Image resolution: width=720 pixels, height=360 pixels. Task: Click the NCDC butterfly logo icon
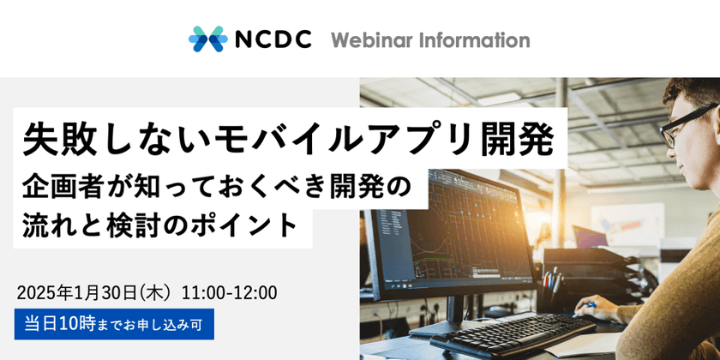[x=207, y=39]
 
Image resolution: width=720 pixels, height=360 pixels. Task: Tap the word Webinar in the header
[x=369, y=39]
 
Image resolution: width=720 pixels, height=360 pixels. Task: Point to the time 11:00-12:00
[x=229, y=292]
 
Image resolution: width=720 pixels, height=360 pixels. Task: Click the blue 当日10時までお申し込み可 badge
[x=114, y=325]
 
